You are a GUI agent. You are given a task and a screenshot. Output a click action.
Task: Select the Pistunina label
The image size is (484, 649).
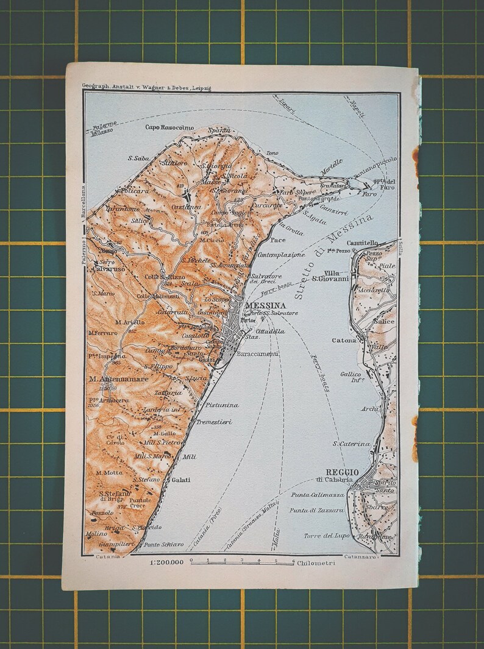(x=221, y=405)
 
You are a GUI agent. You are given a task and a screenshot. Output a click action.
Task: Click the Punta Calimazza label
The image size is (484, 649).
(x=318, y=495)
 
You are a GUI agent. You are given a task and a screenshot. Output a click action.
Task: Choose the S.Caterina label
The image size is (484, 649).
(x=351, y=444)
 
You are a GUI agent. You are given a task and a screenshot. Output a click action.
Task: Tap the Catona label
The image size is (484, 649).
(x=344, y=341)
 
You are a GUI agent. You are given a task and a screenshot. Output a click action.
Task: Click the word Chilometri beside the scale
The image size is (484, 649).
(x=316, y=563)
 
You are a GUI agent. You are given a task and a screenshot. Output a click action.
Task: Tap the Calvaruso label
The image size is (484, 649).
(x=109, y=269)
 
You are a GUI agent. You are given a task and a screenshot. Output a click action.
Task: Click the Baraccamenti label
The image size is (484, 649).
(x=258, y=353)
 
